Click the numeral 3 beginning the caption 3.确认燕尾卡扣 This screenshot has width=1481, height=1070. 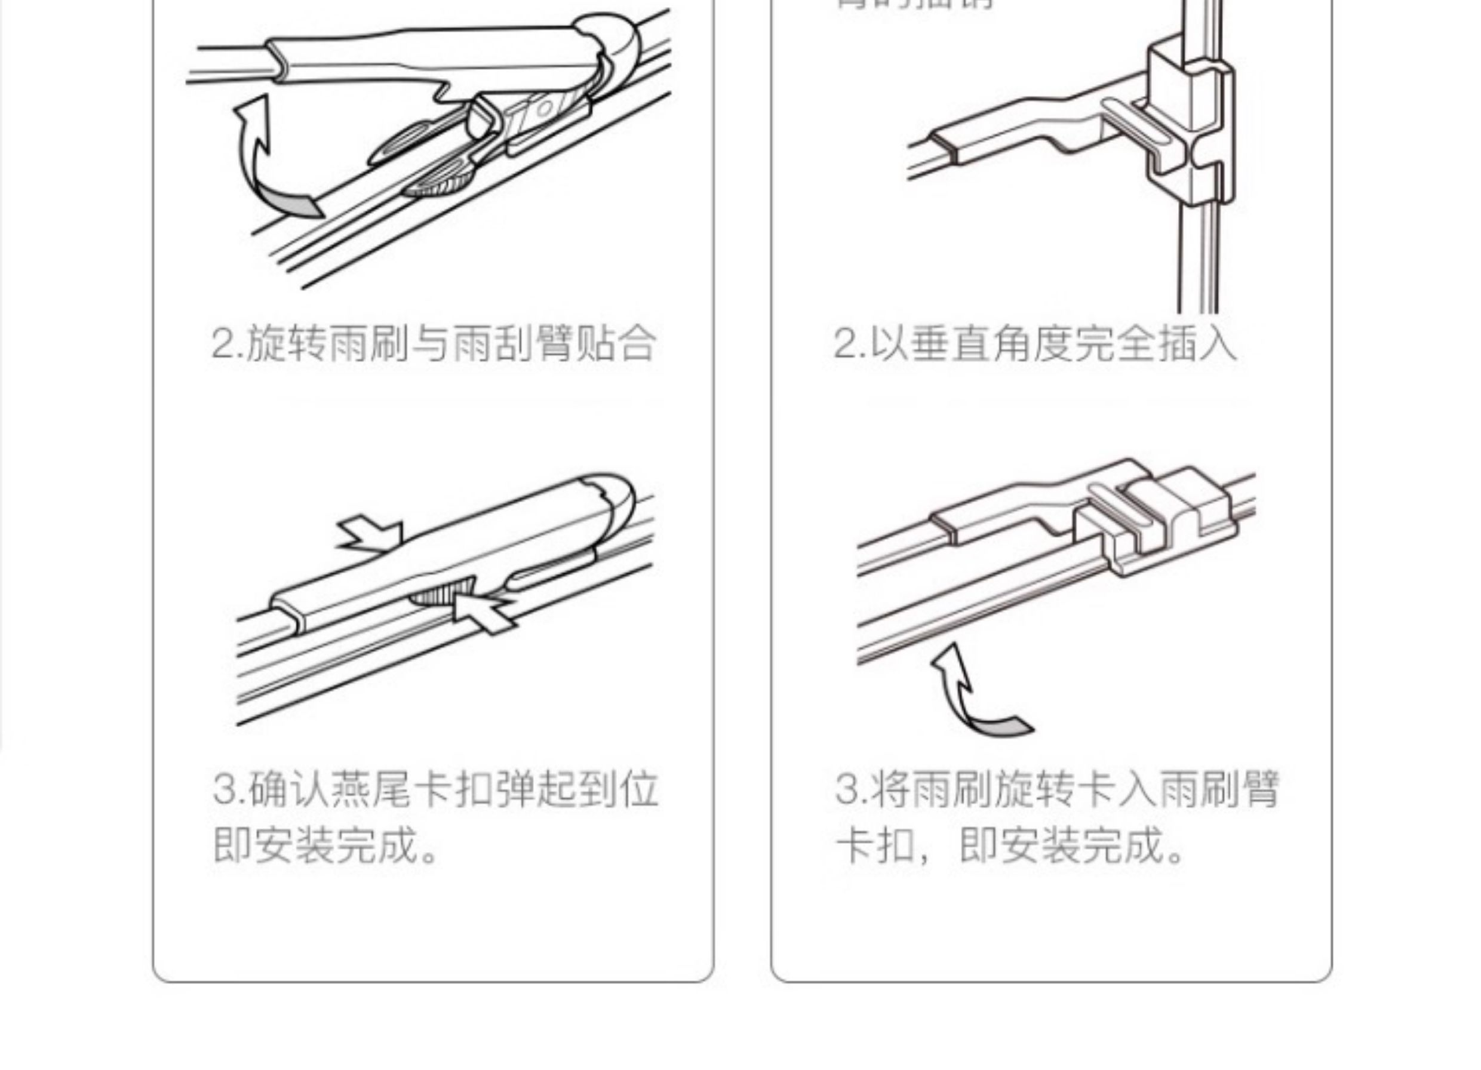(x=223, y=790)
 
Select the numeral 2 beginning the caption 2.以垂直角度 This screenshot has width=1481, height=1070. (x=845, y=343)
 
